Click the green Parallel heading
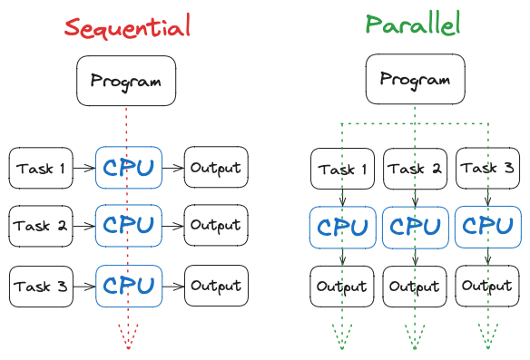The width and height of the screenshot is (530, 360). click(x=415, y=24)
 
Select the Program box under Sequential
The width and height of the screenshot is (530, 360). click(x=126, y=81)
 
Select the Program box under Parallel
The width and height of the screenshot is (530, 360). click(x=415, y=79)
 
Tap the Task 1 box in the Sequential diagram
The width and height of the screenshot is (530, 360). click(x=41, y=168)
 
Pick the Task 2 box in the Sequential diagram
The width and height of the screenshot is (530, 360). click(x=41, y=226)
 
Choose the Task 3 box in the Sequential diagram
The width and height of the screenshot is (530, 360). click(x=41, y=287)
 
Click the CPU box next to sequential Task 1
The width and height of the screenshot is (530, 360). click(x=128, y=168)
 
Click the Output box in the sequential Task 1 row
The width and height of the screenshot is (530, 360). click(x=216, y=168)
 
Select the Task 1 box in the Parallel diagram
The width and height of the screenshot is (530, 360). click(x=342, y=170)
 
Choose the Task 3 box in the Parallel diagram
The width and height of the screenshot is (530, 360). click(x=488, y=170)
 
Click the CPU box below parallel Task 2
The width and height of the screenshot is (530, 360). click(x=416, y=228)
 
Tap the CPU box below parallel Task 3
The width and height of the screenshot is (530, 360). click(x=488, y=228)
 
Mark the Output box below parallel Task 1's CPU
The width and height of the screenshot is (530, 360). click(x=342, y=287)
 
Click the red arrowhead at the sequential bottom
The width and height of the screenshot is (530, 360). click(x=128, y=343)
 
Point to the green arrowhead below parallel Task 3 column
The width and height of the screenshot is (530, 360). click(x=488, y=343)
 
